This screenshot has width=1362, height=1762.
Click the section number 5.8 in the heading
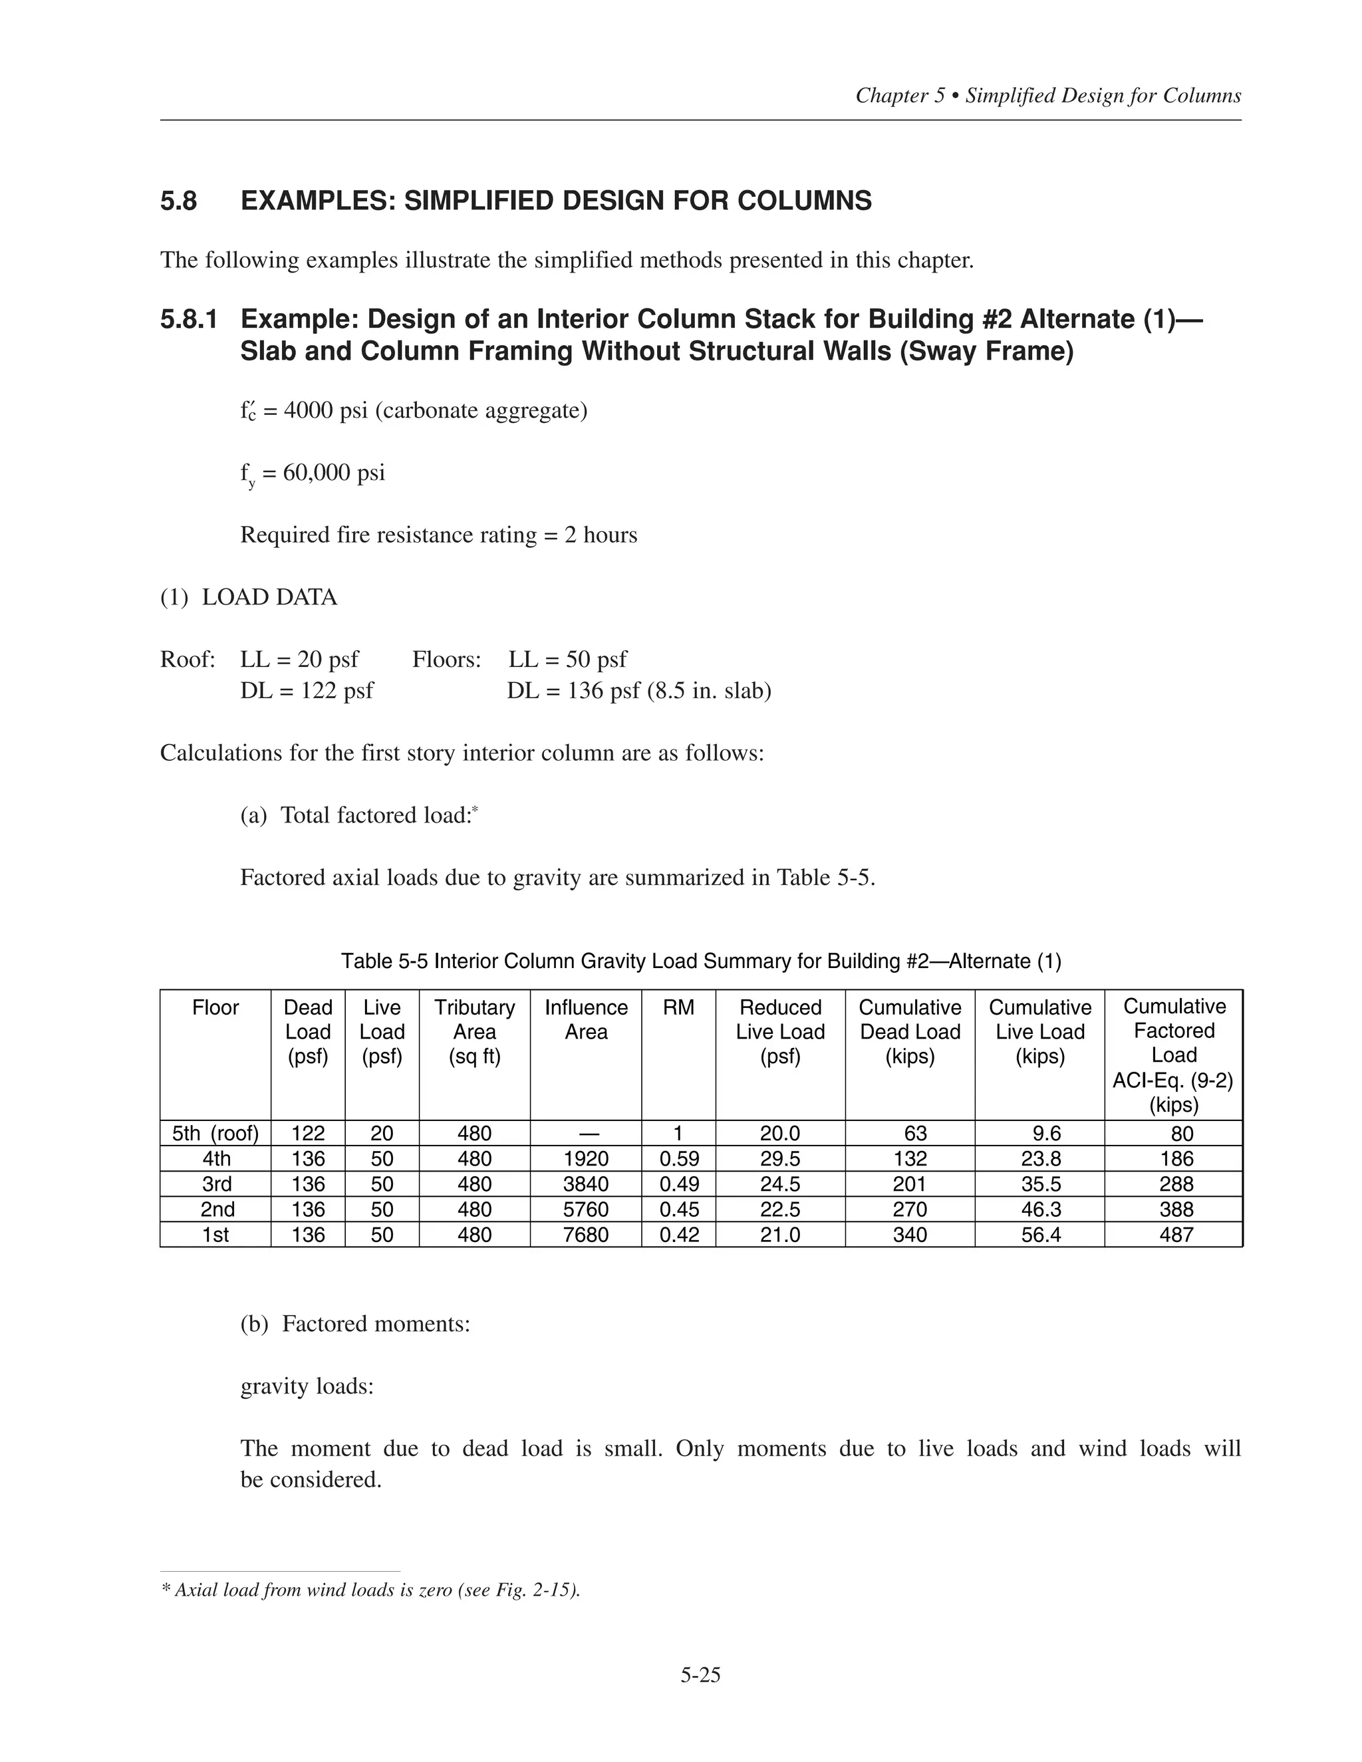pos(178,200)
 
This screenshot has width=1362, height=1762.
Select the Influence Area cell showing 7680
pos(586,1234)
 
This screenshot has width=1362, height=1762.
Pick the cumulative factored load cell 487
pos(1176,1234)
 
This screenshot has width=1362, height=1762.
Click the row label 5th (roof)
pos(215,1134)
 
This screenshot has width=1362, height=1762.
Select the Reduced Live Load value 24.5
pos(779,1184)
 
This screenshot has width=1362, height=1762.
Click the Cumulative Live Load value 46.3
pos(1040,1209)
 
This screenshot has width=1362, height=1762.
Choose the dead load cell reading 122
pos(307,1134)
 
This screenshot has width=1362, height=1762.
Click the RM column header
pos(678,1007)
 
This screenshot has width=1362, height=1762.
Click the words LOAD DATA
pos(269,597)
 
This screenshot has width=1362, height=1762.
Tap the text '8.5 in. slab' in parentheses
pos(710,691)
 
